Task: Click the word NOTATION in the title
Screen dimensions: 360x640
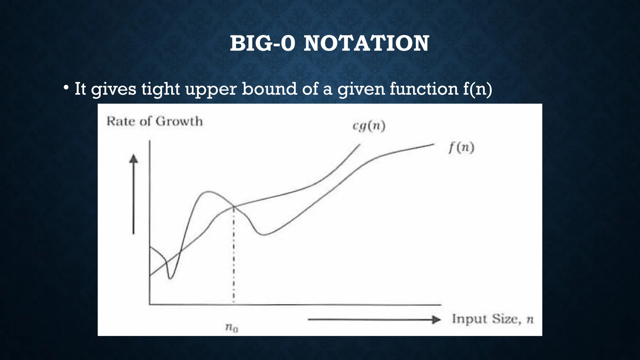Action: (366, 43)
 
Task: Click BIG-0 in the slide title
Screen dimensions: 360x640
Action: (262, 43)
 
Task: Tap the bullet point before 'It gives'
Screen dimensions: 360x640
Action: (66, 88)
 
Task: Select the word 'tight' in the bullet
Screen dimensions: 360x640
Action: (160, 89)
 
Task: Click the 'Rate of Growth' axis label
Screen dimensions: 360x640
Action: (155, 121)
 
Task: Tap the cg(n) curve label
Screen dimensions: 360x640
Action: (369, 126)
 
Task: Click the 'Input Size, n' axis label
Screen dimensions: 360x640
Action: (492, 319)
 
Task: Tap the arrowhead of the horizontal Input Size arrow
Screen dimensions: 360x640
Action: (436, 320)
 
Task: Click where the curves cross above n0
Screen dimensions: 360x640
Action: (234, 207)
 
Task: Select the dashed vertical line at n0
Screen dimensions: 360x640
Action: (234, 256)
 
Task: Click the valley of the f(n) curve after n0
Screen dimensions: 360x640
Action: (264, 234)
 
